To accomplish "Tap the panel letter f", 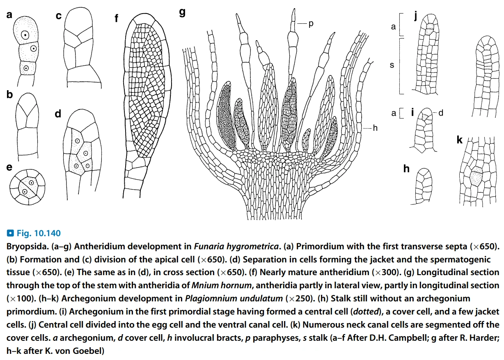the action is (117, 18).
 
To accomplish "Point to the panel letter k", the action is (460, 140).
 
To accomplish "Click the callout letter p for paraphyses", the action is (311, 24).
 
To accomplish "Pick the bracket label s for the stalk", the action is (392, 65).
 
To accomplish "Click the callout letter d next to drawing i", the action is (441, 112).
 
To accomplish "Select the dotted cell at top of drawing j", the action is (429, 27).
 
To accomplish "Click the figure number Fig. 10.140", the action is (38, 234).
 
